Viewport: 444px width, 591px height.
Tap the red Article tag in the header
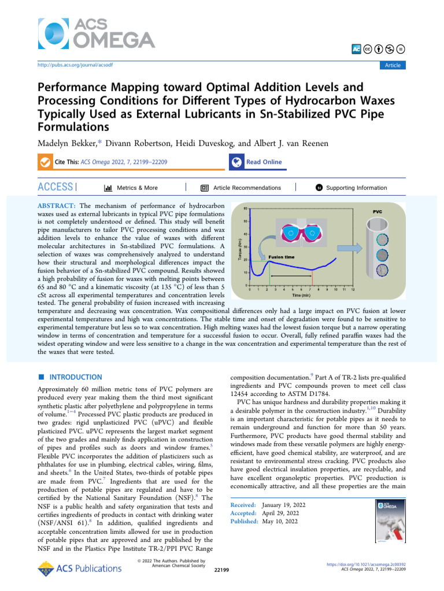tap(392, 65)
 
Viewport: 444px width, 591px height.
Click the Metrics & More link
tap(136, 188)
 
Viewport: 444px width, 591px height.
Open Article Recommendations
tap(247, 188)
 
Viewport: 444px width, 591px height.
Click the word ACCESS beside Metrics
tap(55, 188)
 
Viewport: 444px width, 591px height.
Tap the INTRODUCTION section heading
tap(75, 377)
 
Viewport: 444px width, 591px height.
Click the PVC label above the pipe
tap(376, 212)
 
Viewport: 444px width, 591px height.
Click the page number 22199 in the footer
tap(221, 570)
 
